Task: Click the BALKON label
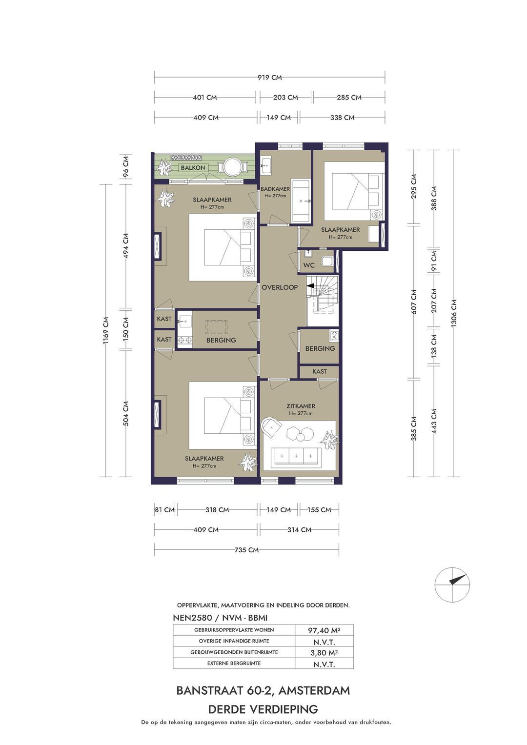[x=193, y=168]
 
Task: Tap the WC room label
[x=309, y=265]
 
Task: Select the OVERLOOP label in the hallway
[x=280, y=287]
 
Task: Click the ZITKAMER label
[x=301, y=406]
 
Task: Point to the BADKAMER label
[x=275, y=189]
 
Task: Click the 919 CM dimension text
[x=269, y=78]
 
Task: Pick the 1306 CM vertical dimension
[x=454, y=313]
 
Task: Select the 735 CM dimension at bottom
[x=246, y=550]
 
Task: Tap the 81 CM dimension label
[x=165, y=510]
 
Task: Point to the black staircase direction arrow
[x=310, y=285]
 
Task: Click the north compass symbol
[x=452, y=584]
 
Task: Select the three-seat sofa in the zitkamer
[x=296, y=458]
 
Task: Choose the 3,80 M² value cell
[x=324, y=652]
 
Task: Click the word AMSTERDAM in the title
[x=314, y=691]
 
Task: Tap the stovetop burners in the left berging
[x=185, y=340]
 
